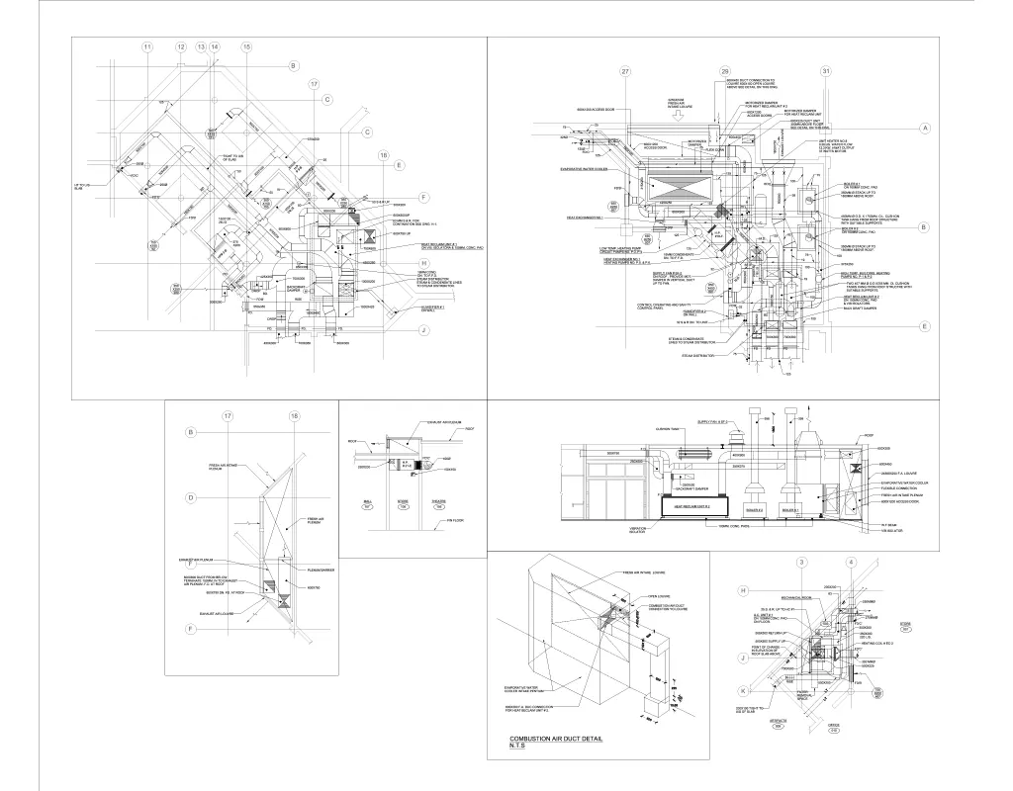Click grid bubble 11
[147, 47]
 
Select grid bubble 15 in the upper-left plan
[246, 47]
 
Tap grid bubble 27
[624, 72]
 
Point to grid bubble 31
[826, 72]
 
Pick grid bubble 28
[725, 72]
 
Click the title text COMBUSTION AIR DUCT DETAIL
[555, 740]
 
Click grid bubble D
[191, 498]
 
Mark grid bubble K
[742, 689]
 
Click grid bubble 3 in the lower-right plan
[800, 563]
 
